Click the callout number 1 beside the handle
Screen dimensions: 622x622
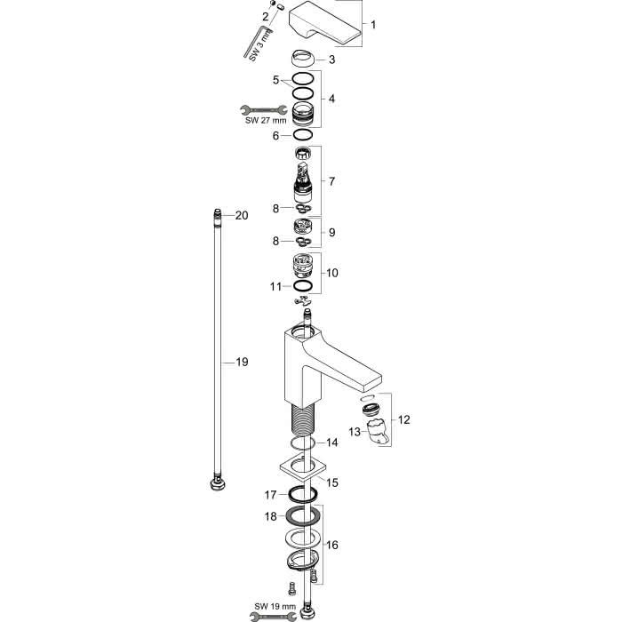coord(373,25)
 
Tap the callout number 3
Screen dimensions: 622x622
coord(331,60)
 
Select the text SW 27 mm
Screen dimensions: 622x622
coord(266,120)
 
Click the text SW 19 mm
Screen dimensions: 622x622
coord(275,607)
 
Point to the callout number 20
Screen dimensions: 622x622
coord(242,215)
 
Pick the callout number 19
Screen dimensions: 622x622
coord(242,362)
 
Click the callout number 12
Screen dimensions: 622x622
coord(403,419)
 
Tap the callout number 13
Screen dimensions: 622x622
coord(355,432)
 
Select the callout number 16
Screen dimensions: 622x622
coord(332,545)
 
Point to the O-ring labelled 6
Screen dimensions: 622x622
coord(303,135)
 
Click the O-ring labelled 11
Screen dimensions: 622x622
coord(303,285)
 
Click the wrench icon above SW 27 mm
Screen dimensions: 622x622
coord(264,110)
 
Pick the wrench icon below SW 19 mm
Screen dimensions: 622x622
coord(274,616)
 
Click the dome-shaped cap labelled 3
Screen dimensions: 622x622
coord(303,59)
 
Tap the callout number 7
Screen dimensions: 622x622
coord(331,181)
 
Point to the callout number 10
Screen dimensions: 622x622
coord(332,273)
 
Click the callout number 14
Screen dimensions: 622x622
coord(332,443)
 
